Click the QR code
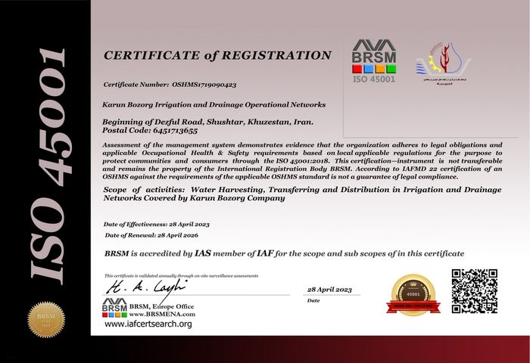pos(475,291)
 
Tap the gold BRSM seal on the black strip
pos(42,319)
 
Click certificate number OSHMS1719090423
pos(195,85)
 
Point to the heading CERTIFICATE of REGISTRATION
pos(217,55)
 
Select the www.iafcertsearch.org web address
pos(148,324)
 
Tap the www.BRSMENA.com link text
pos(162,313)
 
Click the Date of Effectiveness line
pos(156,225)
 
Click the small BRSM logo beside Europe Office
pos(114,307)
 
